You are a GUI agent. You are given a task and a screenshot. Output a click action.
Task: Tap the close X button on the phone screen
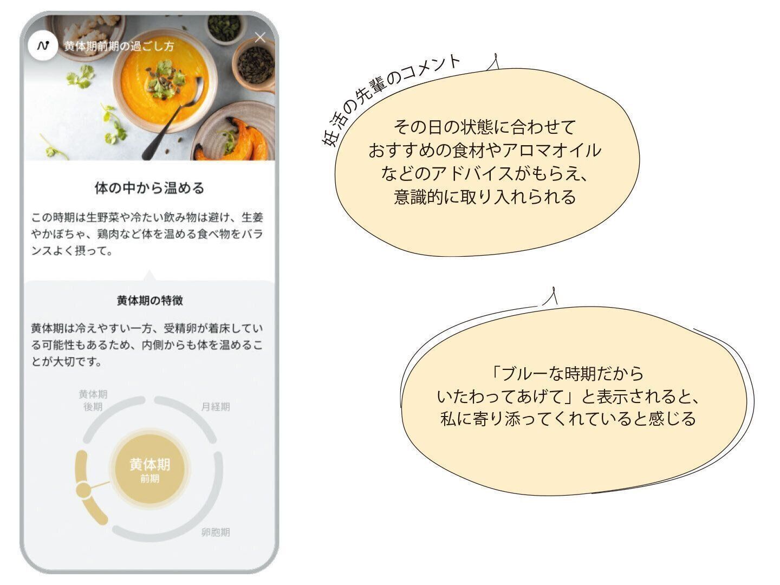[x=260, y=37]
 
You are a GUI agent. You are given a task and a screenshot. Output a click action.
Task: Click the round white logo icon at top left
[x=43, y=45]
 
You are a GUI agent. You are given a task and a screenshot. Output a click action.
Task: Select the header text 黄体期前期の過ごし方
[x=119, y=46]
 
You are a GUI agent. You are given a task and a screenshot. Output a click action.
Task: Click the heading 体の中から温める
[x=149, y=188]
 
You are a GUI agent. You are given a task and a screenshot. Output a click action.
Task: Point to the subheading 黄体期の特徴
[x=149, y=300]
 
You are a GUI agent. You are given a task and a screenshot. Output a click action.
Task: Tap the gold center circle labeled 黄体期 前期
[x=149, y=469]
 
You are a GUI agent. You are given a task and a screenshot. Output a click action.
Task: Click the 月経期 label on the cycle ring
[x=215, y=406]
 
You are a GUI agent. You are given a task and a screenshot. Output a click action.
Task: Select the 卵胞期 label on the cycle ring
[x=215, y=532]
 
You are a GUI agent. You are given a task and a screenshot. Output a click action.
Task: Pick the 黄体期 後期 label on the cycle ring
[x=93, y=400]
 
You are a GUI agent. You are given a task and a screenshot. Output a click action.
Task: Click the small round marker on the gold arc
[x=83, y=491]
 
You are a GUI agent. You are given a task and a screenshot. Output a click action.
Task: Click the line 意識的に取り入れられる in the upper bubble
[x=484, y=197]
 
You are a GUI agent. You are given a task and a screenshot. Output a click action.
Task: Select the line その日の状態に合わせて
[x=484, y=127]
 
